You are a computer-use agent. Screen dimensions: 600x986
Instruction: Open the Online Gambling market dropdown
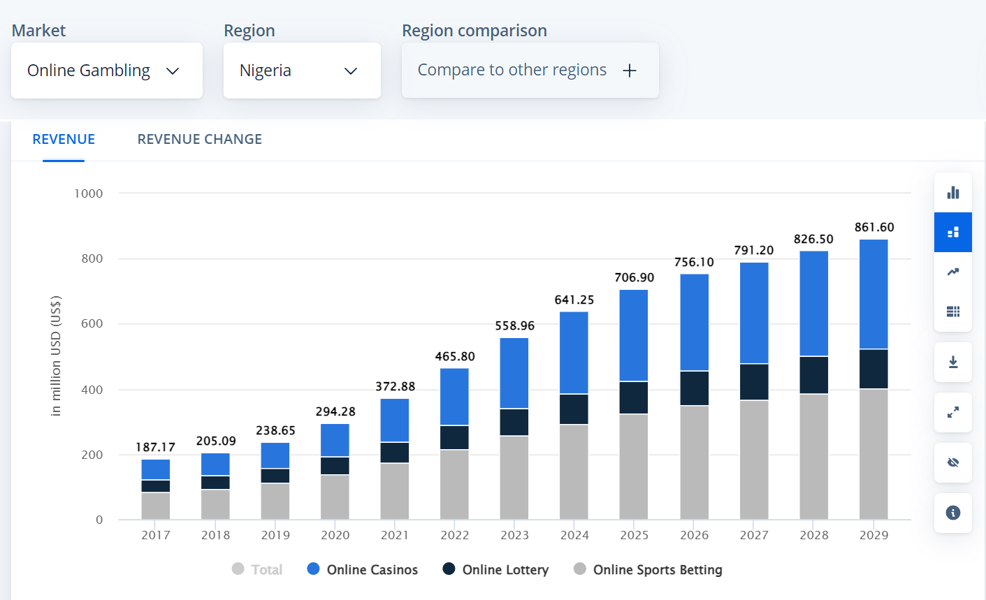coord(106,71)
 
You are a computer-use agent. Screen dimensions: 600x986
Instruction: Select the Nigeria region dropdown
coord(301,71)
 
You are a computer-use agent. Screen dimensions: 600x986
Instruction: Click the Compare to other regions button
coord(529,71)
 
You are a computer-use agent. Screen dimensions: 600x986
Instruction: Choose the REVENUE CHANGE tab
coord(199,139)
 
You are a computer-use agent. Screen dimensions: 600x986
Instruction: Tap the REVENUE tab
coord(64,139)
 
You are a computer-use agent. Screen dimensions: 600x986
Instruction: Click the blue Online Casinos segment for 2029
coord(873,294)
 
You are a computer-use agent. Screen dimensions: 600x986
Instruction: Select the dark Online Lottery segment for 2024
coord(574,409)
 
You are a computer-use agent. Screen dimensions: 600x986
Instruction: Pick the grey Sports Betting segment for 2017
coord(155,506)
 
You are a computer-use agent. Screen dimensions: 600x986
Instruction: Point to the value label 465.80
coord(455,356)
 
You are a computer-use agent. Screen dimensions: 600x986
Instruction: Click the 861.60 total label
coord(873,227)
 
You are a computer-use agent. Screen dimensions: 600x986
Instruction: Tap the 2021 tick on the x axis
coord(395,535)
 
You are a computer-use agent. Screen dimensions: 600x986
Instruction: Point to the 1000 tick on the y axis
coord(89,193)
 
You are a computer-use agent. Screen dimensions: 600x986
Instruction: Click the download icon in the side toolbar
coord(952,362)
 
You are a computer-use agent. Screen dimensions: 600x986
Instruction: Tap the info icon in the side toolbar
coord(952,513)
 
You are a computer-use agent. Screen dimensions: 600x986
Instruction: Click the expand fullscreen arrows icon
coord(952,412)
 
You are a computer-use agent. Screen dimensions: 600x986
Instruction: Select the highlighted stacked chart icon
coord(952,232)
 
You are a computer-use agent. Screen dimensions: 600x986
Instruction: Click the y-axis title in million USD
coord(57,356)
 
